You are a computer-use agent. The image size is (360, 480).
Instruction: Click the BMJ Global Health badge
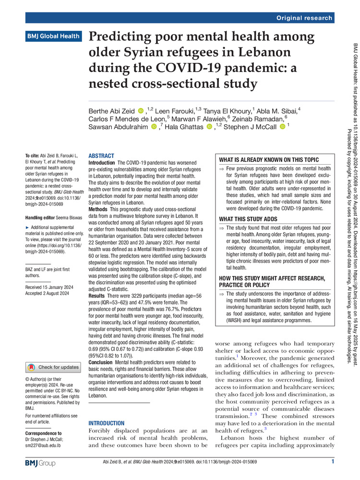click(53, 36)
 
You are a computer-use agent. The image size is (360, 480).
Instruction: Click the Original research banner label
click(304, 18)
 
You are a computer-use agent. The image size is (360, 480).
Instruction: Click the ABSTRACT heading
click(101, 156)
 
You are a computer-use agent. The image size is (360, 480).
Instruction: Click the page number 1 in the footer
click(332, 462)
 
